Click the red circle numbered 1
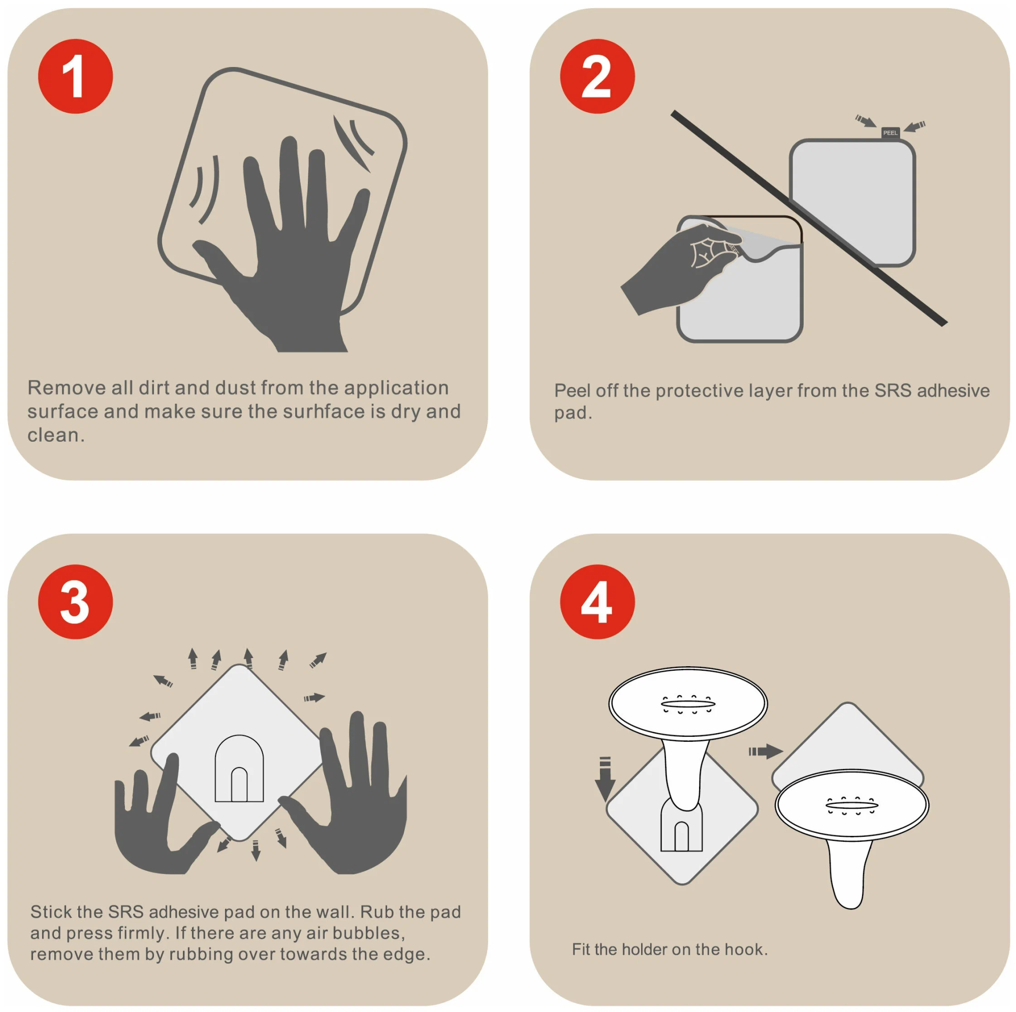[75, 76]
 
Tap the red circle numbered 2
[597, 76]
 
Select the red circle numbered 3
[75, 602]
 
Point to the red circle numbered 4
[597, 602]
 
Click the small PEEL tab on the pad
[891, 133]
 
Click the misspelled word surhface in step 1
[324, 412]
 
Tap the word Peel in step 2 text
[572, 390]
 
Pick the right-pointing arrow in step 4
[766, 752]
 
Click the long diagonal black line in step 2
[809, 218]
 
